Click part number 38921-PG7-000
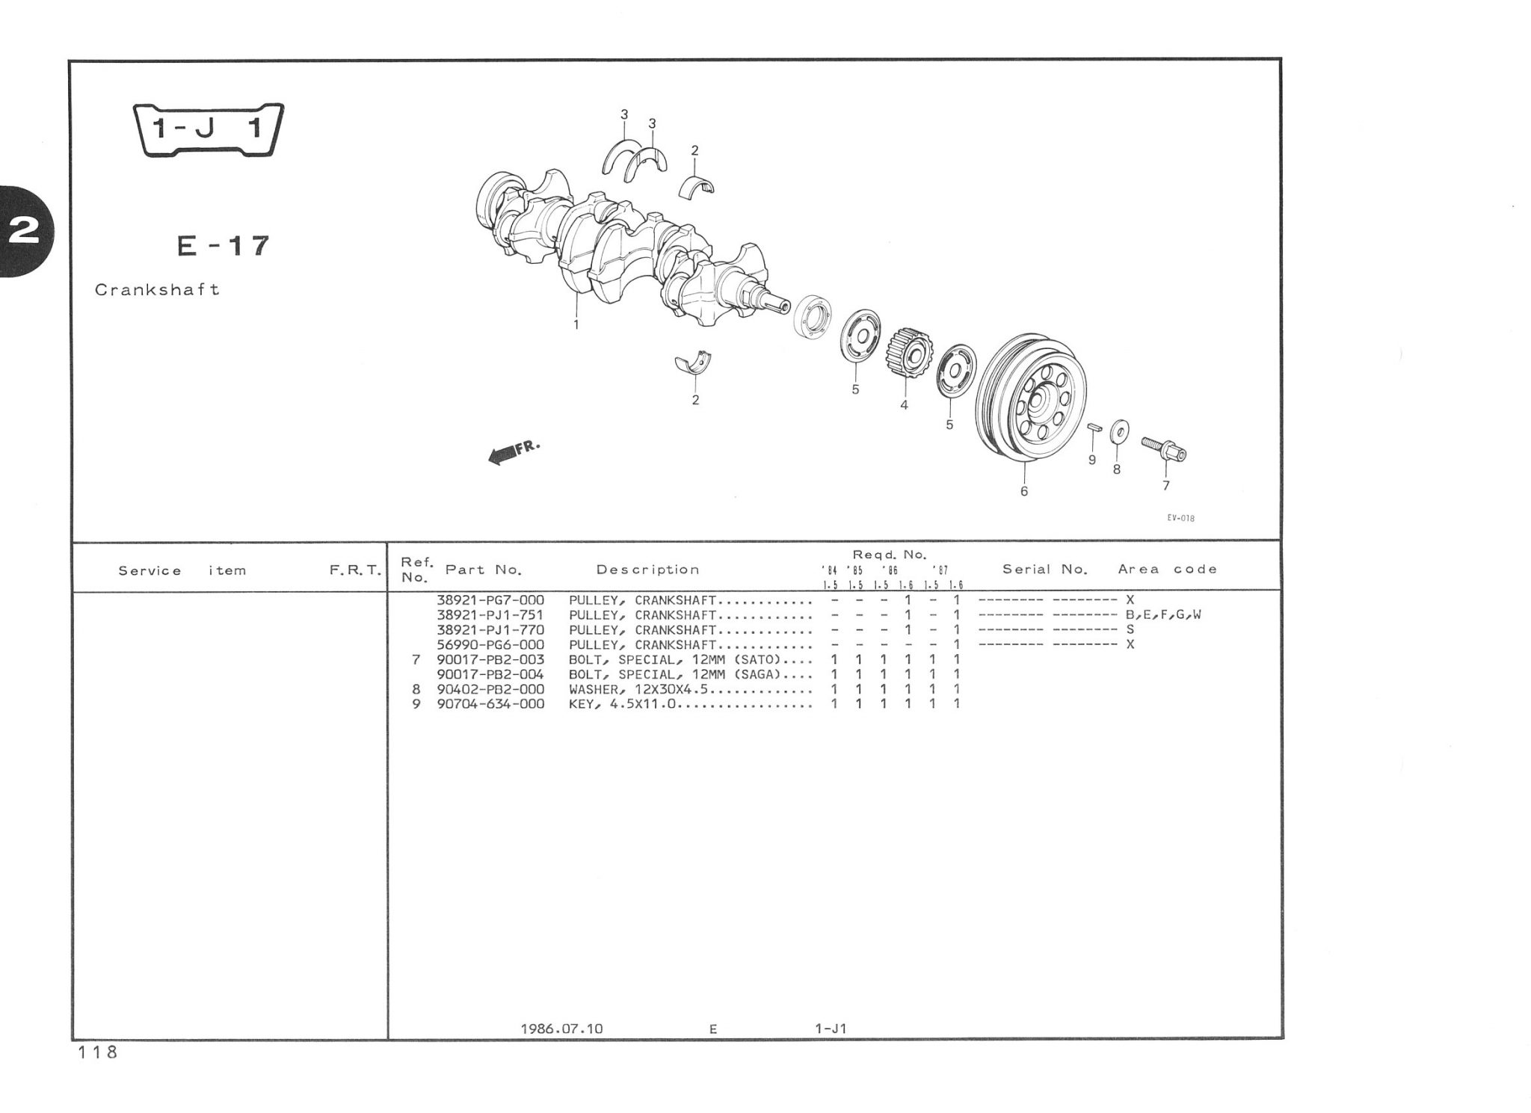point(490,600)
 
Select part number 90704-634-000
point(490,704)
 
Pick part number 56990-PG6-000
point(490,644)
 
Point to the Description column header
point(648,570)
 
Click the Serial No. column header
point(1045,569)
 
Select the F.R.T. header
point(356,570)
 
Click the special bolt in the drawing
point(1164,449)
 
